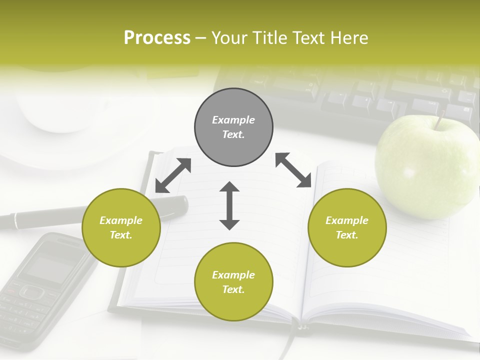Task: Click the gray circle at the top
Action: pyautogui.click(x=233, y=127)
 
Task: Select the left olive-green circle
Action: pyautogui.click(x=121, y=227)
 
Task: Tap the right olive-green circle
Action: pyautogui.click(x=347, y=227)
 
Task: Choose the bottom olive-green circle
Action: pyautogui.click(x=233, y=282)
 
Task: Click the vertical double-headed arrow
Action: pyautogui.click(x=229, y=205)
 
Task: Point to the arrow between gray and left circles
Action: pyautogui.click(x=173, y=175)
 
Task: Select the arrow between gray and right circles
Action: pyautogui.click(x=293, y=170)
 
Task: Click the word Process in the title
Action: pyautogui.click(x=157, y=38)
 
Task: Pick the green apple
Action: pyautogui.click(x=425, y=167)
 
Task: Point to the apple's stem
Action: pyautogui.click(x=440, y=120)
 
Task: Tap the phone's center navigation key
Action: pyautogui.click(x=31, y=291)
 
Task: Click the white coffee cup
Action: pyautogui.click(x=55, y=105)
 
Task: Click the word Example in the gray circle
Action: pyautogui.click(x=233, y=120)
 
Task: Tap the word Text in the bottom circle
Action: pyautogui.click(x=232, y=289)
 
